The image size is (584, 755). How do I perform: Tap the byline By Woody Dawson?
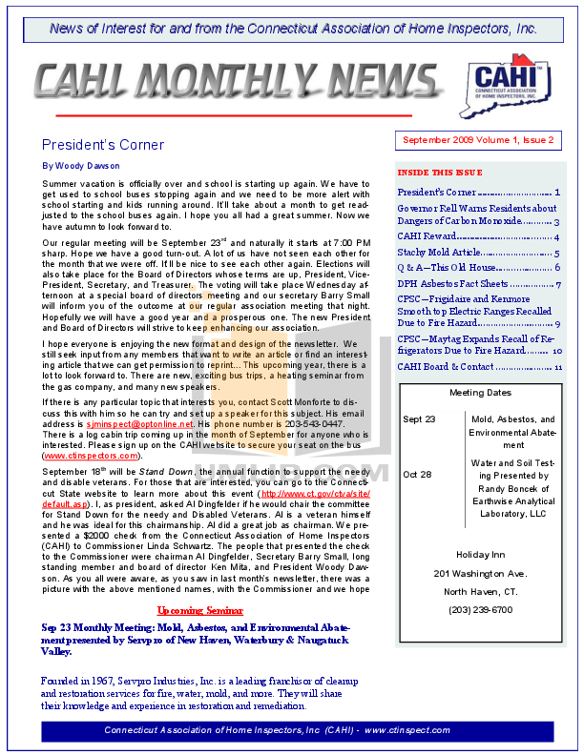tap(81, 165)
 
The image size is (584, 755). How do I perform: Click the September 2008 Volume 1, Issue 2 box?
tap(477, 140)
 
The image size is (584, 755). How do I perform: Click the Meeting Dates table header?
tap(480, 393)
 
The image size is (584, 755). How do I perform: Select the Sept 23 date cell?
tap(419, 419)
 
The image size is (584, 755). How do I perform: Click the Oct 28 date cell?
tap(417, 475)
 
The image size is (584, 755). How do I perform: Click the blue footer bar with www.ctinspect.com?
tap(291, 730)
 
